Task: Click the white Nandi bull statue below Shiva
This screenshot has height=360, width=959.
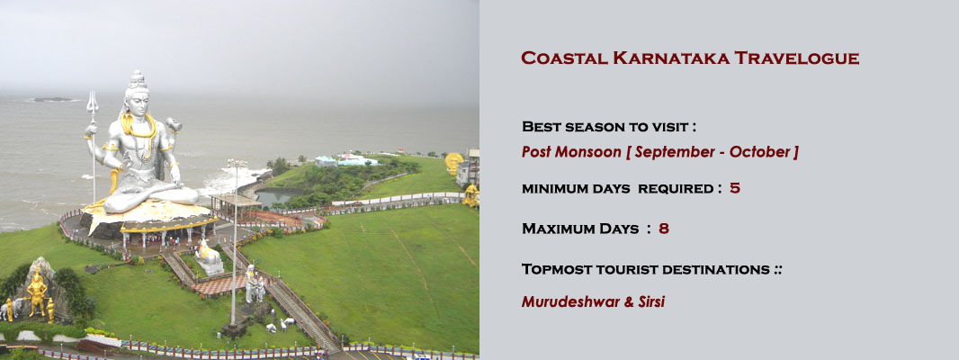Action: [x=208, y=256]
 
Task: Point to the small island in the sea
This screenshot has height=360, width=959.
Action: [x=51, y=99]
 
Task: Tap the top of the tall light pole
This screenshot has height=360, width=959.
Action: [x=237, y=163]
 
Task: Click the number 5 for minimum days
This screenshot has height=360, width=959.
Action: [x=735, y=189]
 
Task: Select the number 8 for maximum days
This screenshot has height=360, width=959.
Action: [x=664, y=229]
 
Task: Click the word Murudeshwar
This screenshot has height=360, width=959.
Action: [x=567, y=301]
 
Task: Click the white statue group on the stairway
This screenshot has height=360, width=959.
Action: [x=255, y=286]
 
